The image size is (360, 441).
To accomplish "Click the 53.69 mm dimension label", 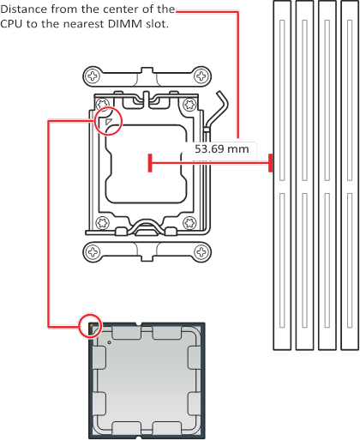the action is click(x=222, y=149).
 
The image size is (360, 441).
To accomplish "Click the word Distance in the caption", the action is click(x=24, y=9).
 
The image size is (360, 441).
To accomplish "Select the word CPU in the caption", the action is click(x=12, y=24).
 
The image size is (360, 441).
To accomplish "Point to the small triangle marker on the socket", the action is click(x=109, y=122).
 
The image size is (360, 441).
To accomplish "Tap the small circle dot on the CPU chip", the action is click(x=110, y=342).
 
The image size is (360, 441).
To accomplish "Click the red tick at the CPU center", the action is click(x=150, y=163).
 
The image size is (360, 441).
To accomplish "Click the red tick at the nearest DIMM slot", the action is click(x=270, y=163).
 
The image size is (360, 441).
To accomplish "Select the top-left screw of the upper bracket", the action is click(x=93, y=76).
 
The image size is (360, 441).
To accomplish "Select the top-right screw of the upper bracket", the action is click(x=201, y=76).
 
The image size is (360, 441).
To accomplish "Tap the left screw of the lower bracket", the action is click(x=93, y=252).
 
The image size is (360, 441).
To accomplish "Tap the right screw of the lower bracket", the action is click(x=201, y=252).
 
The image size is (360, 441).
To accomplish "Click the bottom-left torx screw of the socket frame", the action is click(x=102, y=223).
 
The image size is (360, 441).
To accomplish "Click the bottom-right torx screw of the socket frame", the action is click(x=189, y=223).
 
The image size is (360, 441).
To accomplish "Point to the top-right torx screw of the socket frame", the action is click(x=189, y=104).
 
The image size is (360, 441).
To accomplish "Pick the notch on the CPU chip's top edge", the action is click(x=139, y=324).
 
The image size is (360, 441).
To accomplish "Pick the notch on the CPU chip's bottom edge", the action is click(x=139, y=438).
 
